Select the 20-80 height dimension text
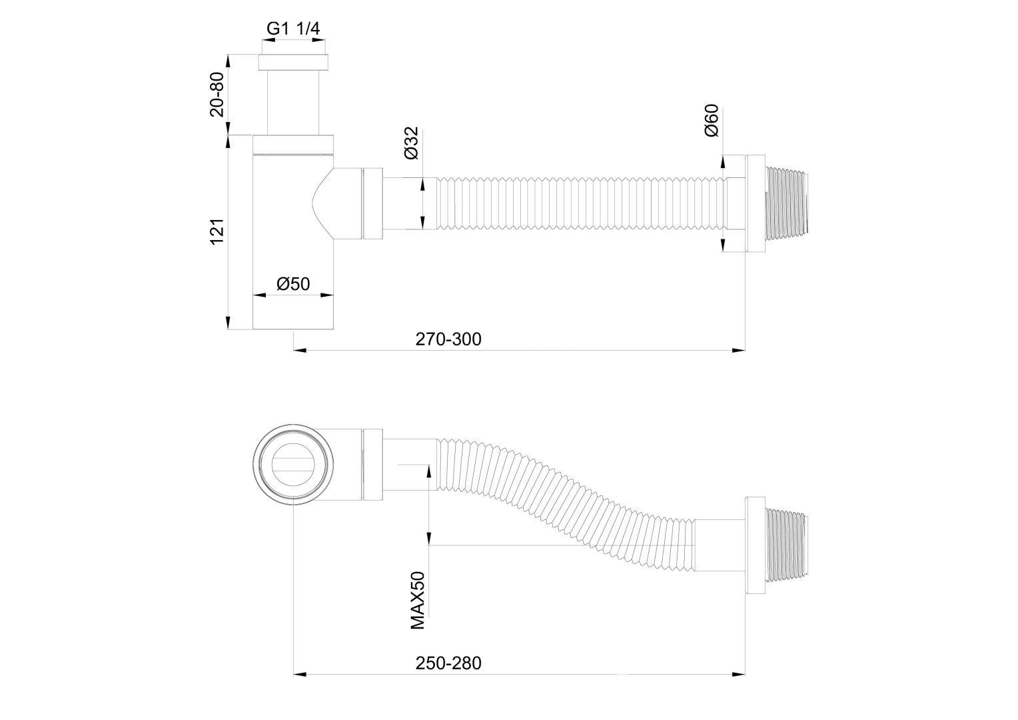(218, 94)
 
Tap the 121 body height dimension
(218, 231)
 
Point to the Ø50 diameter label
(293, 283)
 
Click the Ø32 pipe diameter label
(411, 143)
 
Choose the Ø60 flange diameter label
(711, 121)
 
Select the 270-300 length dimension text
(448, 339)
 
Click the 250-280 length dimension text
(448, 663)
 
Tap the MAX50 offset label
(418, 600)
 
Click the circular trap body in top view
(292, 465)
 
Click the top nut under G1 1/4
(293, 63)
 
